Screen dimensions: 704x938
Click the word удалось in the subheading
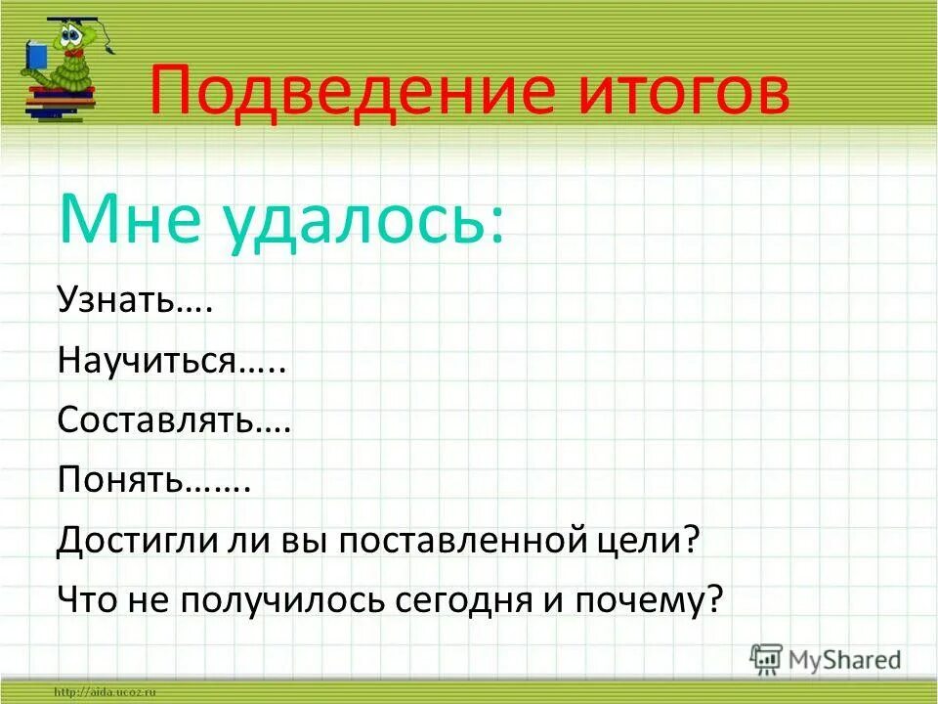pos(366,220)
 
